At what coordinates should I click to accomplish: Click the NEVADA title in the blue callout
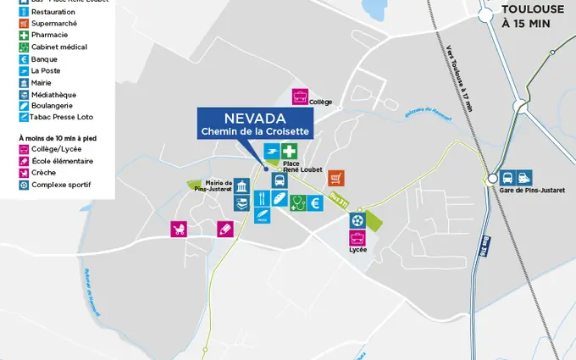coord(255,118)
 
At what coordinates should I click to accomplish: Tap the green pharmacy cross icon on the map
coord(290,152)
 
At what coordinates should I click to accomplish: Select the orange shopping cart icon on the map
coord(336,178)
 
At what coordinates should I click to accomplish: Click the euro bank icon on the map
coord(315,202)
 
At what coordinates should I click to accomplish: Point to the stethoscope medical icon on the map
coord(297,202)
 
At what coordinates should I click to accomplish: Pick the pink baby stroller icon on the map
coord(179,229)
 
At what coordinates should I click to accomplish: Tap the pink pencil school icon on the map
coord(224,229)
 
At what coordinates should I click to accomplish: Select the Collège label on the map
coord(320,102)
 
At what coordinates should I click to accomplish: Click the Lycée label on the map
coord(357,251)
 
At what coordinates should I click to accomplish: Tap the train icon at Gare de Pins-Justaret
coord(525,178)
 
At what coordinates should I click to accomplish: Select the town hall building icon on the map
coord(241,187)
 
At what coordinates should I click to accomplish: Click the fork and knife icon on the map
coord(262,198)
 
